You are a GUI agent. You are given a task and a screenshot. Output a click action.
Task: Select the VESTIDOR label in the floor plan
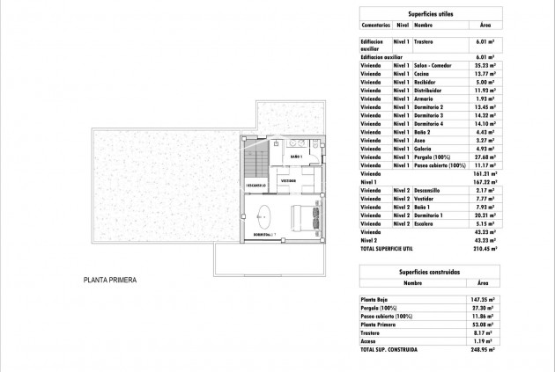pos(288,180)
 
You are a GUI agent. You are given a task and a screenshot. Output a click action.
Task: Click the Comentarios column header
pos(375,26)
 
